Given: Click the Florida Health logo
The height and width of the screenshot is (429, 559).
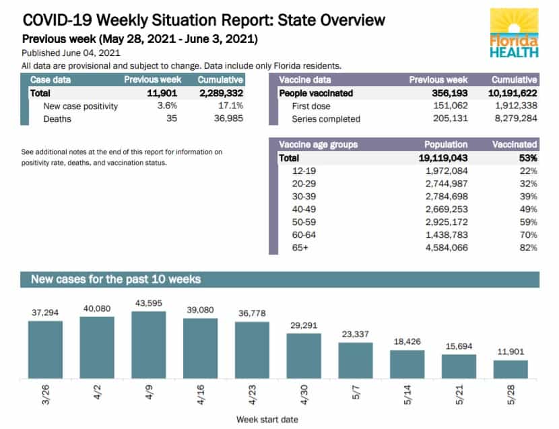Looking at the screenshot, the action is [x=514, y=33].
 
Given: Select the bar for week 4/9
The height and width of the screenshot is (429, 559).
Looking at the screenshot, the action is [x=149, y=345].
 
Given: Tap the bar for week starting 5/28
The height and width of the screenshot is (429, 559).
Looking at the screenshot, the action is [x=511, y=370].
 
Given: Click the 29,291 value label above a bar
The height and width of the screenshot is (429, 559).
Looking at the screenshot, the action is [x=304, y=325].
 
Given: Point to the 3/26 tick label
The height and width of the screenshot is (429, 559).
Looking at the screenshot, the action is [x=46, y=395].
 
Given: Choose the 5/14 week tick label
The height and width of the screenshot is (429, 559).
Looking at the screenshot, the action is [x=407, y=395].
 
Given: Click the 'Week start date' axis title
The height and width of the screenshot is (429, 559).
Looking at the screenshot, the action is [x=267, y=420].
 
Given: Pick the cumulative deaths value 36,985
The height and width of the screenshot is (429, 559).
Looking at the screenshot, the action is [x=228, y=119].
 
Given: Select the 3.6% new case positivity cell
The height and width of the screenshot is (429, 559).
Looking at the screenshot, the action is [x=167, y=106].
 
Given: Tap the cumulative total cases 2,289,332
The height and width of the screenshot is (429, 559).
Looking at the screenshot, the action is [x=221, y=93].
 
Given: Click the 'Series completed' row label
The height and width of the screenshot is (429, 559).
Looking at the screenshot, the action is [x=326, y=119].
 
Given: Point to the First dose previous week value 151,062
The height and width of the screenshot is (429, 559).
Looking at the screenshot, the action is [x=451, y=106].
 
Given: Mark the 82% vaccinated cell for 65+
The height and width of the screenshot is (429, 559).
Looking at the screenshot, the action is [x=528, y=247].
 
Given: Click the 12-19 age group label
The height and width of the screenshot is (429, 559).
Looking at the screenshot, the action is [x=304, y=171].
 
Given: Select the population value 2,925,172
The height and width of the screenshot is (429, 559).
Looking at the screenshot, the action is [x=447, y=222].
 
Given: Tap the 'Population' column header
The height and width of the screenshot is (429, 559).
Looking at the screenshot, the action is [x=446, y=144].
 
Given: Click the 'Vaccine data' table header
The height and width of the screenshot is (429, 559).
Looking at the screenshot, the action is [x=305, y=79].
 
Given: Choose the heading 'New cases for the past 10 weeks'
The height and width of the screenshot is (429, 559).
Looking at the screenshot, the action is [x=116, y=279].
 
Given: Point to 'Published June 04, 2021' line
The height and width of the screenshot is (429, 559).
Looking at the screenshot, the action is [x=71, y=53].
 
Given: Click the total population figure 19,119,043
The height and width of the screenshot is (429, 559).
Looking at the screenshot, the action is [x=443, y=158].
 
